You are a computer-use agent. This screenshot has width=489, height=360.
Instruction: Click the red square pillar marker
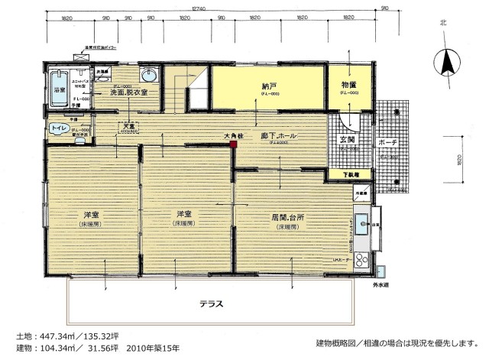[234, 141]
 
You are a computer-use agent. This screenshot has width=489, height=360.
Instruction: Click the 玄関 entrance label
[345, 139]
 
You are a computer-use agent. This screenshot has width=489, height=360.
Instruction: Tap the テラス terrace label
[211, 302]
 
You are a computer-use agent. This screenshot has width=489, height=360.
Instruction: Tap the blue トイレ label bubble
[58, 129]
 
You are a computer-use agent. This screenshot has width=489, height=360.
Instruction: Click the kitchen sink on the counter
[364, 225]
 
